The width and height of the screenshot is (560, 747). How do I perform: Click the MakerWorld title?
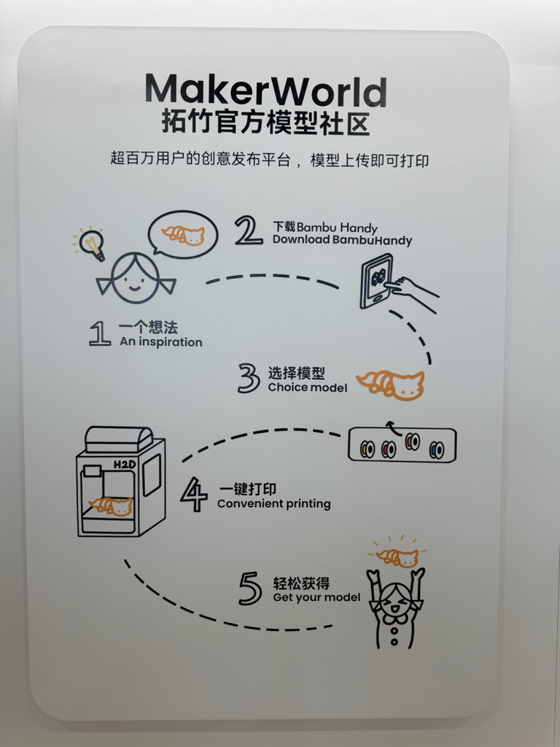pos(265,90)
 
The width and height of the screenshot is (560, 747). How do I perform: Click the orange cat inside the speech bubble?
pos(183,235)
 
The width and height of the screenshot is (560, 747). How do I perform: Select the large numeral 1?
pos(99,333)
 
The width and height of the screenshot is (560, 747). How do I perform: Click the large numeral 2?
pos(249,231)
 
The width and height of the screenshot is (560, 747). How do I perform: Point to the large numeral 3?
pos(249,379)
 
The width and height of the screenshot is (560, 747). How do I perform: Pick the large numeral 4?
pos(194,495)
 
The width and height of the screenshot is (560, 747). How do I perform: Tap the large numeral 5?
pos(250,589)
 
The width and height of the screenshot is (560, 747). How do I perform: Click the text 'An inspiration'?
pos(161,342)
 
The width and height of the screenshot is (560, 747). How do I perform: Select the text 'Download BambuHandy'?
pos(342,239)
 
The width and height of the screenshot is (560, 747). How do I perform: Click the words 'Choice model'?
pos(308,387)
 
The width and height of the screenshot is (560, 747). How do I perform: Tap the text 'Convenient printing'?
pos(274,503)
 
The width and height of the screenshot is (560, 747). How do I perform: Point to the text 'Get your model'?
pos(316,597)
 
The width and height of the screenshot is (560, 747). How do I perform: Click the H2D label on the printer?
pos(124,464)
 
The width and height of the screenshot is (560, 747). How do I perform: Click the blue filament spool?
pos(437,449)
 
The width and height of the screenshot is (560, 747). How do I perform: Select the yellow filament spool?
pos(367,449)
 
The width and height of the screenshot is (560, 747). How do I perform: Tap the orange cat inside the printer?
pos(112,506)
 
